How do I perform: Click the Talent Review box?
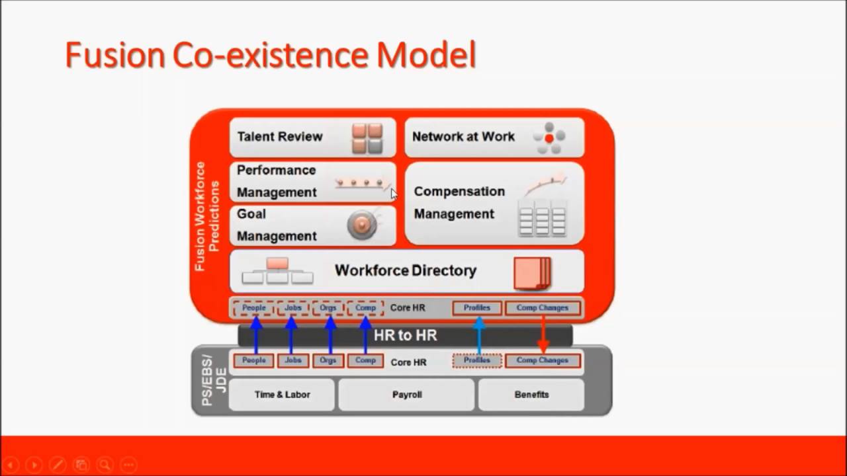coord(312,137)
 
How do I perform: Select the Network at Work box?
coord(494,137)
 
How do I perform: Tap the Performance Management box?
coord(312,181)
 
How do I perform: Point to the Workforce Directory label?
coord(405,270)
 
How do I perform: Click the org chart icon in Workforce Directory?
coord(277,271)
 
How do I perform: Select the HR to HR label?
coord(405,335)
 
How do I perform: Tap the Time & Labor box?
coord(283,395)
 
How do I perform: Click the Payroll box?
coord(406,395)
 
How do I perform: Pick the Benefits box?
coord(531,395)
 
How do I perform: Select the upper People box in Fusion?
coord(253,308)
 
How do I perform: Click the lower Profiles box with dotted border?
coord(477,361)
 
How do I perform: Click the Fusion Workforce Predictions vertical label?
coord(206,216)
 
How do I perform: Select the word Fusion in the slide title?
coord(114,55)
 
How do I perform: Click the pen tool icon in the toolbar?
coord(57,464)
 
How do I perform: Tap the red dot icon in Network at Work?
coord(549,138)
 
